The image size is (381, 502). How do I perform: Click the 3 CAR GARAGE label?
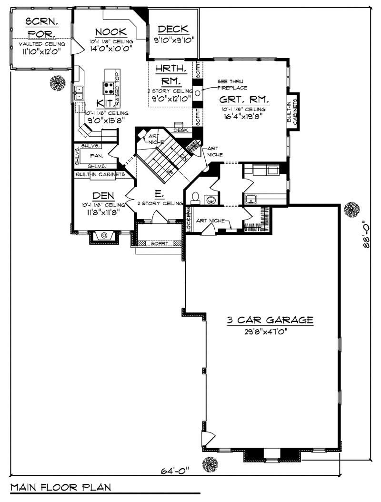270,320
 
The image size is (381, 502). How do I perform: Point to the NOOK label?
110,32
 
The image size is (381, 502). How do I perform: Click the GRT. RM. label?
244,100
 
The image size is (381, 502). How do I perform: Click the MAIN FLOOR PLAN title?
60,487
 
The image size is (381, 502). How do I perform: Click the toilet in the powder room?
195,197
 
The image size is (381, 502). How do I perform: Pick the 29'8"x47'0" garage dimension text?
270,331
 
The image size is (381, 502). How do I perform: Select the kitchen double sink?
79,92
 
